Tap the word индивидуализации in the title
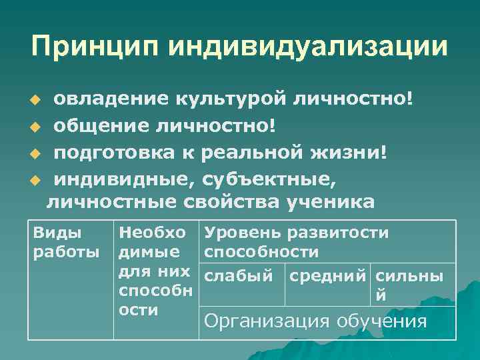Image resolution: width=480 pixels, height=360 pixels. [307, 47]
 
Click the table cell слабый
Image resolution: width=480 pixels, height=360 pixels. [239, 275]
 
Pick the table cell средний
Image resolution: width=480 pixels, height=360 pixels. [327, 275]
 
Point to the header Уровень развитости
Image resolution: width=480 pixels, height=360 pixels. [297, 233]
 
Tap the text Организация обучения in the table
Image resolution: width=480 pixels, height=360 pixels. [315, 321]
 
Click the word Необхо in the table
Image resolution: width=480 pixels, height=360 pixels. [152, 233]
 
